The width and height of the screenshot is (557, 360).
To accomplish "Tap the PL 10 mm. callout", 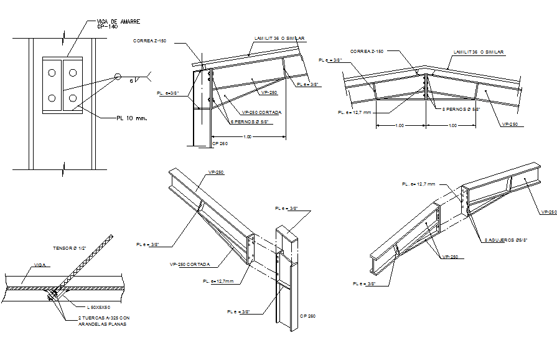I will coord(131,116).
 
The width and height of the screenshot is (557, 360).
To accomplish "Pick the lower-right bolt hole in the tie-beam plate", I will coord(73,98).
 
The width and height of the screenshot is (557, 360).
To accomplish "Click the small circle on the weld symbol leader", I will coord(117,77).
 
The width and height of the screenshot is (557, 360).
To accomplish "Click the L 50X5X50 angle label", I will coord(101,307).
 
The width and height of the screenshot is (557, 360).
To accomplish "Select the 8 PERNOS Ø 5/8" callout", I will coord(462,108).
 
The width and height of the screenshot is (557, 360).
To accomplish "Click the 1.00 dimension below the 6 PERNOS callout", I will coord(248,136).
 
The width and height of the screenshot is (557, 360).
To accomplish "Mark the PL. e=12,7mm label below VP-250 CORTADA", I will coord(218,282).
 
